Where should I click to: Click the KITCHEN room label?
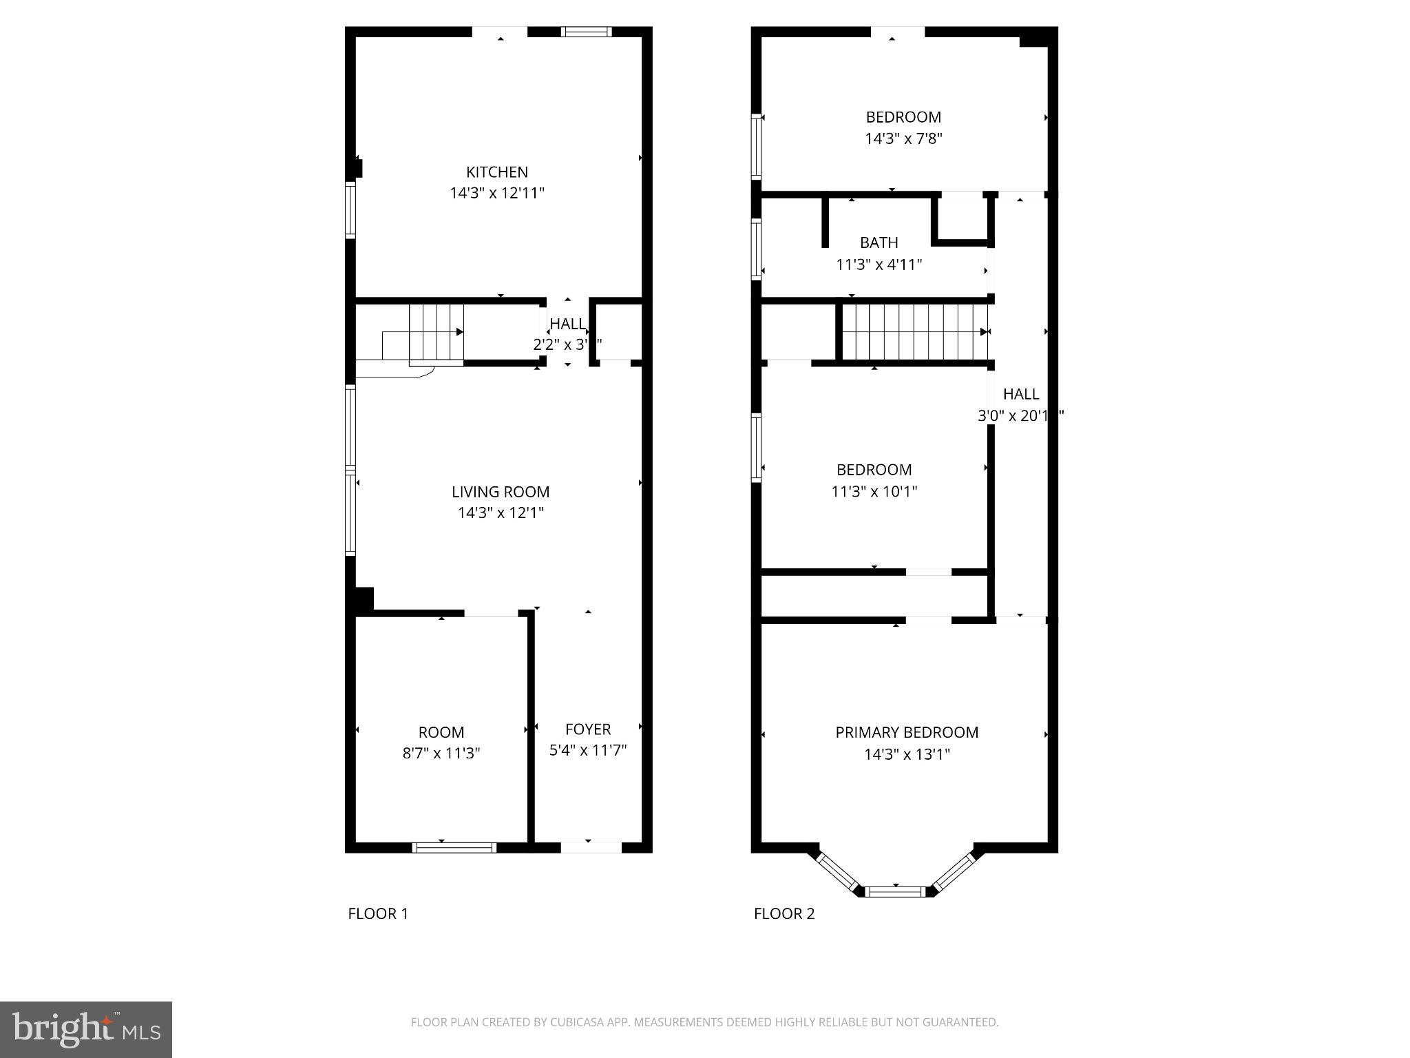pos(496,172)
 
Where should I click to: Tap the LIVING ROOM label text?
pos(501,492)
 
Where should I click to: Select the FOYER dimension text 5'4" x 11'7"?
pos(587,750)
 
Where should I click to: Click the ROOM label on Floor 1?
pos(441,732)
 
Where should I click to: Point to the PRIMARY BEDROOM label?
pos(907,732)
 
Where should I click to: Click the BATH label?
pos(878,242)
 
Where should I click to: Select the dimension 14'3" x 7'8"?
pos(903,139)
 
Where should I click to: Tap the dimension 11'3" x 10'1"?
pos(874,492)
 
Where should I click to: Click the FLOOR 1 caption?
pos(378,914)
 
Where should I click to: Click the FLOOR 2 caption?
pos(784,914)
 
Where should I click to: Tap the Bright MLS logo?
pos(86,1029)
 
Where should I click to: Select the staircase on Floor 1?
pos(435,333)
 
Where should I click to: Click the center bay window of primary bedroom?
pos(894,891)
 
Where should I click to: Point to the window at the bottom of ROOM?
pos(454,847)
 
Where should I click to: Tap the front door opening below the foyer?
pos(591,847)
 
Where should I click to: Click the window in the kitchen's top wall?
pos(586,31)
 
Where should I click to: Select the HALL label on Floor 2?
pos(1021,394)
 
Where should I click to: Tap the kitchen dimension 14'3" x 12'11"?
pos(496,194)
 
